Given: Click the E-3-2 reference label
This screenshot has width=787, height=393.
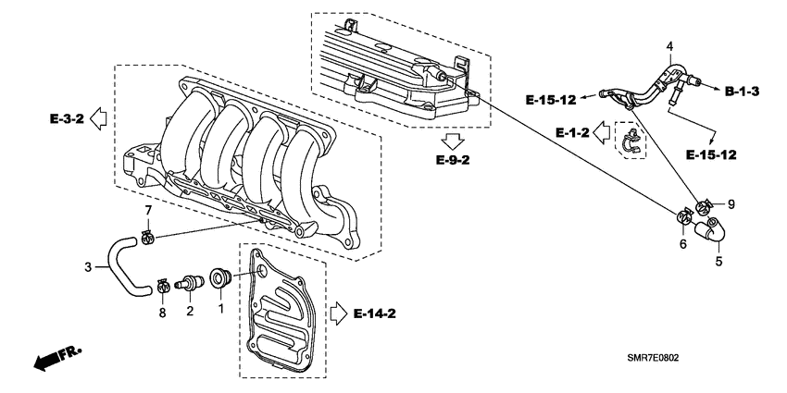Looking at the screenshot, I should tap(68, 119).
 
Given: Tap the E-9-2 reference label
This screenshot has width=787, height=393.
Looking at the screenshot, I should tap(453, 160).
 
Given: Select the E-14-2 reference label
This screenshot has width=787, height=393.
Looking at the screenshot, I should tap(375, 314).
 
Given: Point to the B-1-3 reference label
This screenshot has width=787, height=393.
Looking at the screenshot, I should tap(742, 91).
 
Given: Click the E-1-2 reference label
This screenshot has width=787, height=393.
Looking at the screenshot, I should tap(573, 133).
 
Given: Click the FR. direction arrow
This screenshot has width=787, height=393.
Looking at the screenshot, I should tap(55, 359).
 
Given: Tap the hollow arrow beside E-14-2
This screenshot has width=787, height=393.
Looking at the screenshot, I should tap(338, 314).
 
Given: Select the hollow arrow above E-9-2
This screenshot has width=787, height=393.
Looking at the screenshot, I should tap(453, 141).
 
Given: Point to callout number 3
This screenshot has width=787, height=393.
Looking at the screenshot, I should tap(88, 268).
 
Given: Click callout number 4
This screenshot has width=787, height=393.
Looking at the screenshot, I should tap(669, 46).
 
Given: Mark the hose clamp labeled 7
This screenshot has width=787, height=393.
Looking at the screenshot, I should tap(146, 240).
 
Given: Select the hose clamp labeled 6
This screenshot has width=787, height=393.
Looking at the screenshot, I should tap(684, 219).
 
